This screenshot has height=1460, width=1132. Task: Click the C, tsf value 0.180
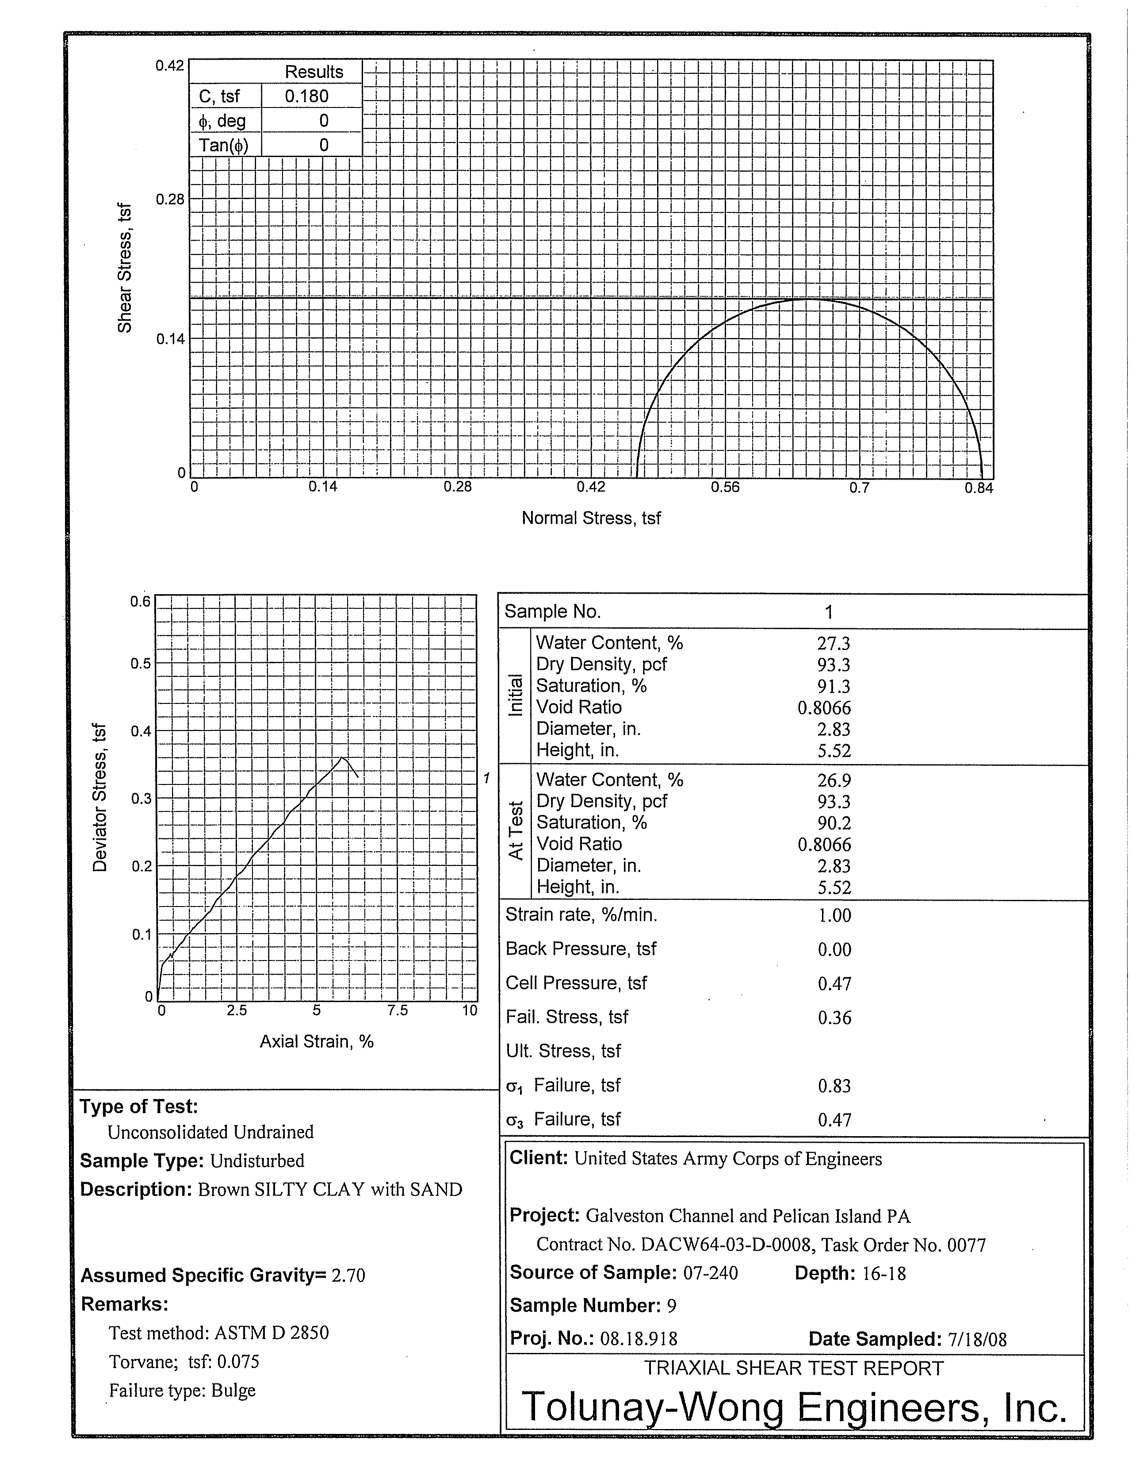tap(307, 96)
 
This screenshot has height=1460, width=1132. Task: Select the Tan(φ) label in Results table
tap(223, 145)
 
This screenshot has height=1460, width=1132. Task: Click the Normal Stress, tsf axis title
tap(591, 518)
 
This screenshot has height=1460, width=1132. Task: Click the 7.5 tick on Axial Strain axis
tap(397, 1010)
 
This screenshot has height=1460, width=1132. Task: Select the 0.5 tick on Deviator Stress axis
tap(140, 663)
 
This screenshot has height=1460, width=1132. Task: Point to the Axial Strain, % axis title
tap(316, 1041)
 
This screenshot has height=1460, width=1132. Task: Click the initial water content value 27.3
tap(833, 643)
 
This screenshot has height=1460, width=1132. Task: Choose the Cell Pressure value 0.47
tap(834, 984)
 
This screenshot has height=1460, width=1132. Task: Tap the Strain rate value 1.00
tap(834, 915)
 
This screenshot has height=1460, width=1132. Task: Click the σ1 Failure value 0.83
tap(834, 1086)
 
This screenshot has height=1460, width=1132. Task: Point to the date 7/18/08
tap(977, 1339)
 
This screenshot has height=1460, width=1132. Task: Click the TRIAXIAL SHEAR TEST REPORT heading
tap(793, 1368)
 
